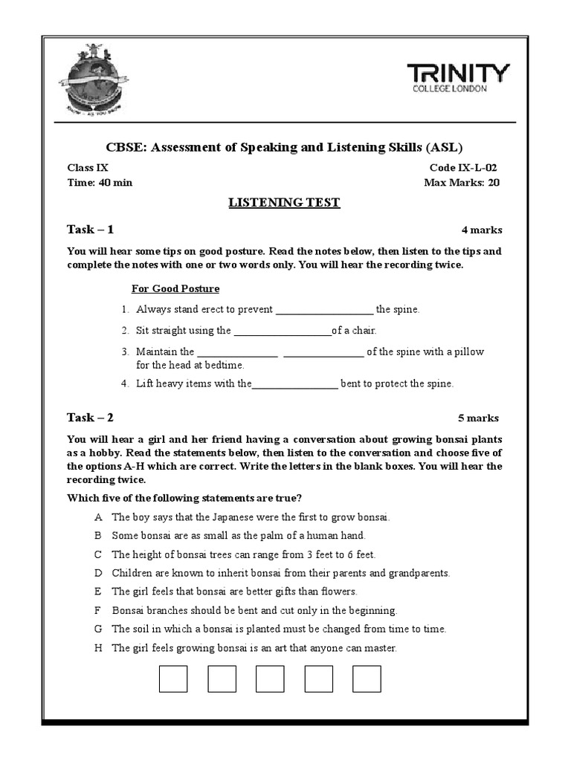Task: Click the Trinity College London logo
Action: (458, 78)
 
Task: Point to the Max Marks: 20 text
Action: (461, 183)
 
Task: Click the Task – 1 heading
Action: (90, 229)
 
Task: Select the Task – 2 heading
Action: (90, 417)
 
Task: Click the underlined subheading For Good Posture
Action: (175, 288)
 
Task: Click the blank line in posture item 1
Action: (324, 310)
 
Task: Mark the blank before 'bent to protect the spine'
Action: (295, 384)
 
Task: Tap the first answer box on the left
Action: (173, 679)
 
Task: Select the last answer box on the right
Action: (367, 679)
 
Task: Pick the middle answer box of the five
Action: (270, 679)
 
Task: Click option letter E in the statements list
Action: (97, 592)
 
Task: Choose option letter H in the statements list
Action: (97, 648)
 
